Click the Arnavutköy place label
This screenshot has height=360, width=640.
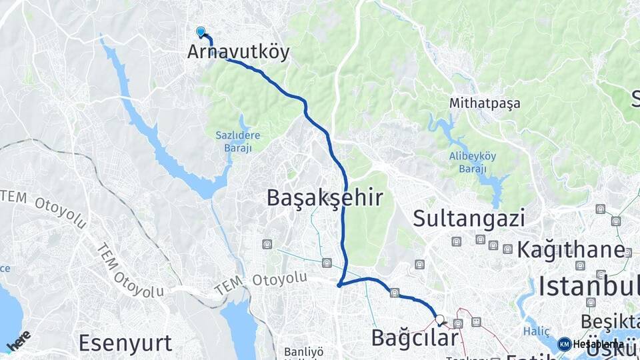[x=238, y=52]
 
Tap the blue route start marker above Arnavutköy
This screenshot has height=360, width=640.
[x=201, y=31]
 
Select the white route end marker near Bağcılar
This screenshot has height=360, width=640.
[x=439, y=319]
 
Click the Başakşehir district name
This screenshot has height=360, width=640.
[x=325, y=198]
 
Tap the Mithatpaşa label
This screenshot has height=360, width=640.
[x=485, y=103]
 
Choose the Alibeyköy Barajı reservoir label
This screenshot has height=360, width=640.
[x=473, y=163]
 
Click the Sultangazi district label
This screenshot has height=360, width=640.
[x=469, y=218]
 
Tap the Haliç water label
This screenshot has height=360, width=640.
[x=535, y=331]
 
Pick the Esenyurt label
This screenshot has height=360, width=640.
[x=125, y=343]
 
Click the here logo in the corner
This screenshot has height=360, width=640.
[x=18, y=340]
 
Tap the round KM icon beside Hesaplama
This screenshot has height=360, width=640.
[x=565, y=344]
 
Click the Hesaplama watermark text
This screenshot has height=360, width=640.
[x=598, y=344]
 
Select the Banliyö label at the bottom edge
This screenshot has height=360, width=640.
[x=303, y=351]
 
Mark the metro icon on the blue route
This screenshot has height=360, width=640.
[x=395, y=292]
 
